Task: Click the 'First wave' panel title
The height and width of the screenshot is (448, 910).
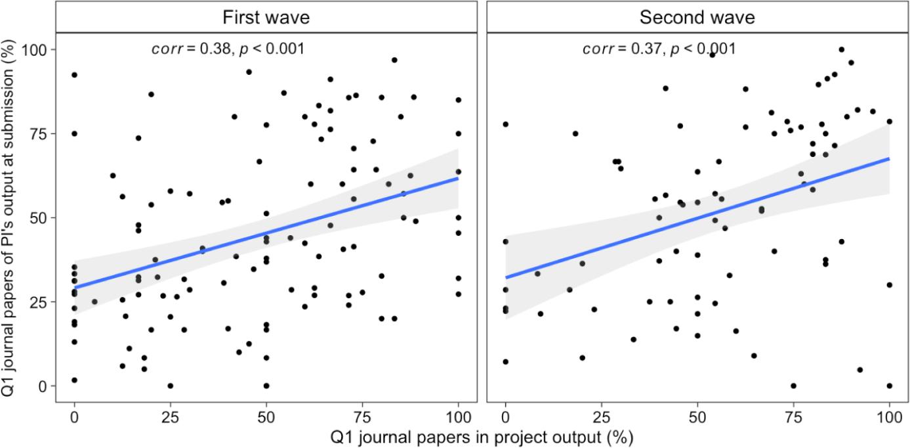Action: click(x=266, y=17)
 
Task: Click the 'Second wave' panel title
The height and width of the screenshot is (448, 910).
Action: click(x=697, y=17)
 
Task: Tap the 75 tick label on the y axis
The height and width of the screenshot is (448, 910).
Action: click(x=41, y=133)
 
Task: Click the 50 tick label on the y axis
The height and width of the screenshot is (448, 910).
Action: click(x=41, y=217)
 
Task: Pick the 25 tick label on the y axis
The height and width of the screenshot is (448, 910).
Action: click(x=41, y=302)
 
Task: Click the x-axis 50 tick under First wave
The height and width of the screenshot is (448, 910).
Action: click(x=266, y=416)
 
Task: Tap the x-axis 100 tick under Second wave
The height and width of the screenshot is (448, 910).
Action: click(x=889, y=416)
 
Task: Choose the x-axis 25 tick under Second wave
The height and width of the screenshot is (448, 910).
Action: click(x=601, y=416)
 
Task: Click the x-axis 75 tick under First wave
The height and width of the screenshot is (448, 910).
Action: click(x=362, y=416)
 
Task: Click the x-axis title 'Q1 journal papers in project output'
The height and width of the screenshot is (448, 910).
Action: click(x=472, y=436)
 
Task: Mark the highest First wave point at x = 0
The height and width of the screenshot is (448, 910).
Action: click(x=74, y=75)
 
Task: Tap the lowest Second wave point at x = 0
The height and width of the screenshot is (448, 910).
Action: click(x=505, y=361)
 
